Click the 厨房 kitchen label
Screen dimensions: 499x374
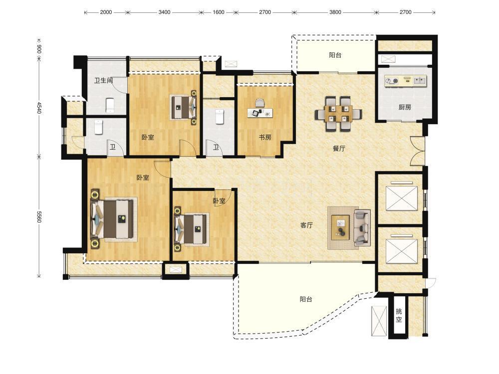pos(405,107)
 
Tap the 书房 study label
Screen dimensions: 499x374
pos(265,138)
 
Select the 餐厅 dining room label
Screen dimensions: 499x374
pos(339,149)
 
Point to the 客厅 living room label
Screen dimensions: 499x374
pos(306,225)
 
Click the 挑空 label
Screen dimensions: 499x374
pos(398,316)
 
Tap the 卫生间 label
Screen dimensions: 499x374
pos(104,80)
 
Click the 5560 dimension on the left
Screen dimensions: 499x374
pos(39,216)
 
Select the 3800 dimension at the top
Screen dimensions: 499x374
pos(335,12)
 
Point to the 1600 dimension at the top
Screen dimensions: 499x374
pos(219,12)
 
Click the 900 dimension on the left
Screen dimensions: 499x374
pos(39,49)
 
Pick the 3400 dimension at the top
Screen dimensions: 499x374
pos(164,12)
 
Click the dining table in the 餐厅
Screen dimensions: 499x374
pos(338,114)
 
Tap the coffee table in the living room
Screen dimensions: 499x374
pos(340,227)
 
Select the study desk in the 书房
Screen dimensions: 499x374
pos(260,112)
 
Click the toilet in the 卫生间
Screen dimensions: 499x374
pos(109,105)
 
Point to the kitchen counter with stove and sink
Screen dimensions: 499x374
pos(405,80)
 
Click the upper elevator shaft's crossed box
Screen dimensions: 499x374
pos(401,198)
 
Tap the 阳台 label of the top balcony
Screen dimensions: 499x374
pos(335,55)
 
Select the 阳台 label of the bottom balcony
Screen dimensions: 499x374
pos(306,299)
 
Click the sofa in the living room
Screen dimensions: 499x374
pos(362,227)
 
